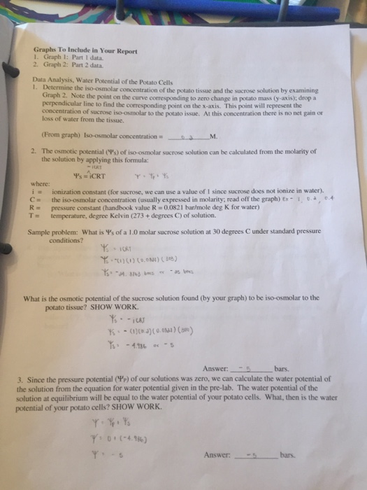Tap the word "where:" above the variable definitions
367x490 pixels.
[40, 183]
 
